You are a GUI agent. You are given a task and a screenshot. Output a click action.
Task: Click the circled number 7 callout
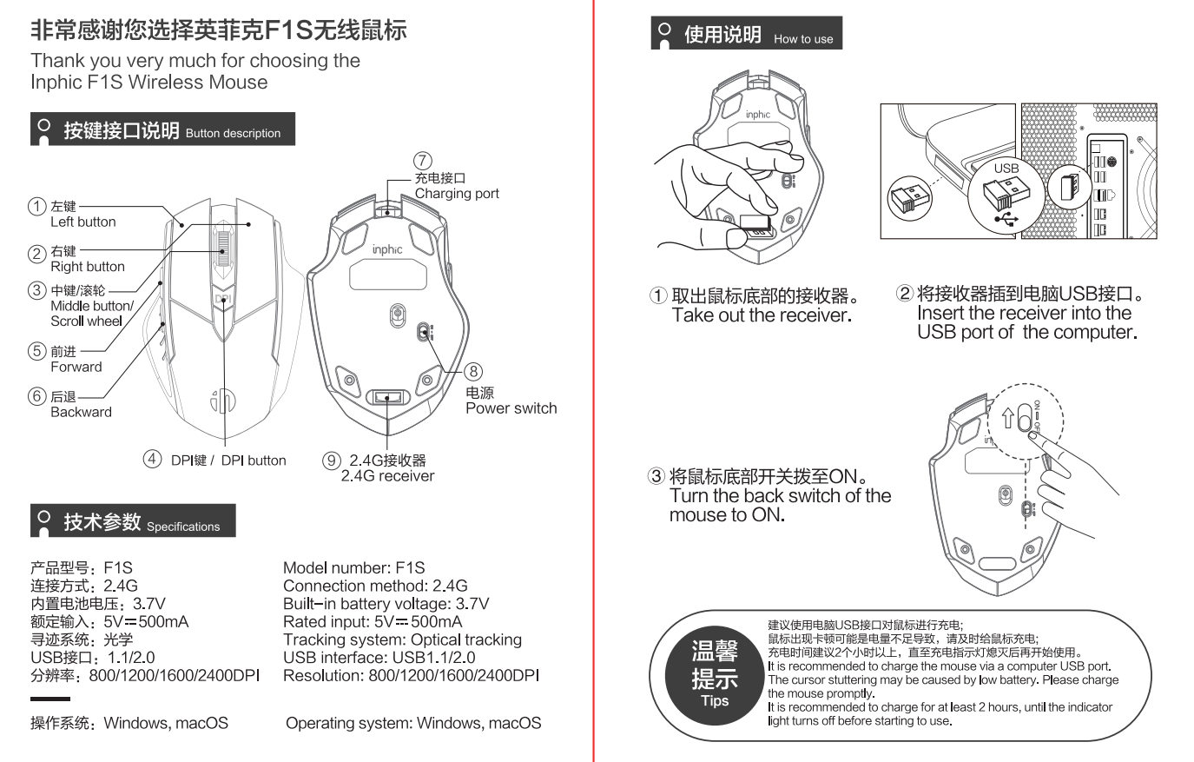click(422, 161)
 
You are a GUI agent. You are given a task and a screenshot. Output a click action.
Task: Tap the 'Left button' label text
click(82, 222)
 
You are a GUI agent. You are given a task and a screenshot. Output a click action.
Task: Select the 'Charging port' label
click(457, 194)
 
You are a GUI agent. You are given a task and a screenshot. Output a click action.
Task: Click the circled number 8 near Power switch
click(473, 372)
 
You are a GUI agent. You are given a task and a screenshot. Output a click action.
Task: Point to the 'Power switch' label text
click(511, 408)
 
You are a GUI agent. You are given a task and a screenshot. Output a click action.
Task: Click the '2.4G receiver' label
click(387, 476)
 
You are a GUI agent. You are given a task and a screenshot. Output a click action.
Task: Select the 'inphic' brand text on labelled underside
click(387, 249)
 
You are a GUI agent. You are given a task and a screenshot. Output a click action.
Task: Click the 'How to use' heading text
click(802, 39)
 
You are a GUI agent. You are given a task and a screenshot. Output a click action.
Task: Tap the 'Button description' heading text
click(233, 134)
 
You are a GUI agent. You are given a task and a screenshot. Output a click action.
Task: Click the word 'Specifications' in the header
click(183, 527)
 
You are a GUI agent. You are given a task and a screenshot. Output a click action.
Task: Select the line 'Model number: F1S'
click(353, 567)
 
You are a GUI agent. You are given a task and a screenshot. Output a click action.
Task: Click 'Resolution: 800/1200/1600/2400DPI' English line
click(411, 675)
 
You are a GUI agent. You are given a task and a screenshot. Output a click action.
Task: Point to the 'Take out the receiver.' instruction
click(762, 315)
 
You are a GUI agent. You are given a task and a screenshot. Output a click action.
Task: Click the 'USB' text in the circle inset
click(1006, 169)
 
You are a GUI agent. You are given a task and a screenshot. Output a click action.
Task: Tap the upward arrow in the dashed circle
click(1007, 418)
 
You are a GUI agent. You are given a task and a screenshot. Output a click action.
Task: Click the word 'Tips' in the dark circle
click(715, 701)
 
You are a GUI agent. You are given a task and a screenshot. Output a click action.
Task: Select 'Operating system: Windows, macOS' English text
click(413, 723)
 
